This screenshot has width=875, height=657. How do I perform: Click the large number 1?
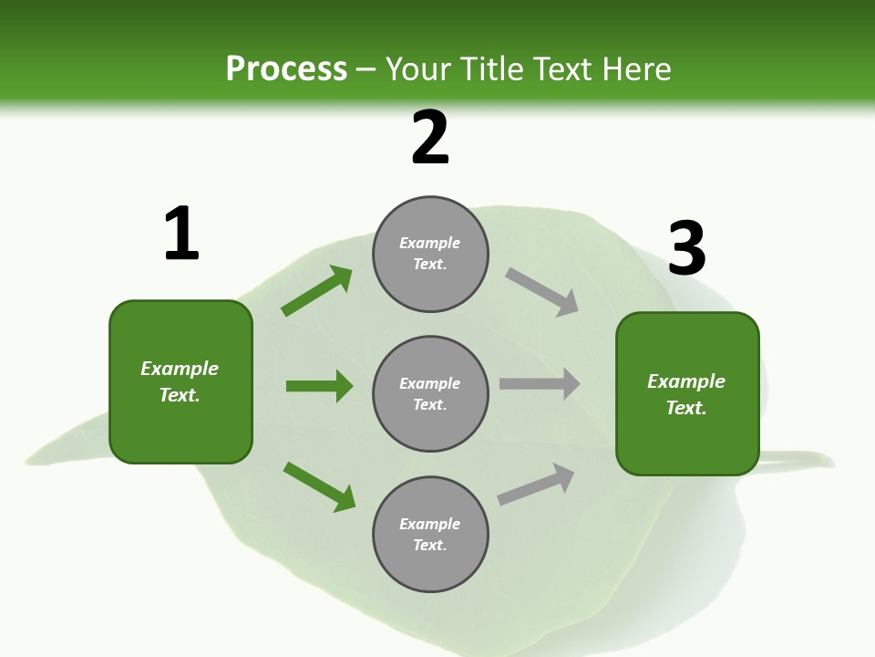(x=181, y=234)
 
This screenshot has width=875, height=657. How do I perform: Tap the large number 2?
(x=430, y=138)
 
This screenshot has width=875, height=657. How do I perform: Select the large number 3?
(x=686, y=249)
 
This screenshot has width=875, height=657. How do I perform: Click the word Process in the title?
(x=286, y=68)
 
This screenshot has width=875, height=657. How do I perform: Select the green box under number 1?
(x=180, y=381)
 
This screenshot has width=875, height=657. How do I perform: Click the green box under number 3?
(x=687, y=394)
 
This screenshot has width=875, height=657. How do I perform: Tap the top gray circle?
(x=430, y=254)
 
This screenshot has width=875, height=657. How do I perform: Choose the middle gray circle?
(x=430, y=394)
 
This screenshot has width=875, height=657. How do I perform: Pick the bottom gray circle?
(x=430, y=535)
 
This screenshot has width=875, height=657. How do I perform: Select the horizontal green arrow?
(x=319, y=386)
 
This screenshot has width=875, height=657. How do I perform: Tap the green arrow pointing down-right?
(x=319, y=486)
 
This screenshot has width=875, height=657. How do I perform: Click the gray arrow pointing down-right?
(x=542, y=292)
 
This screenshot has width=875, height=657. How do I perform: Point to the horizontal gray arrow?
(x=539, y=384)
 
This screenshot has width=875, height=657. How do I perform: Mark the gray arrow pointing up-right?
(x=536, y=484)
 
